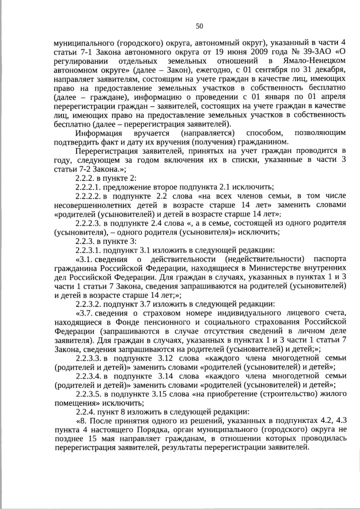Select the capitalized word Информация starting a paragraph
pos(99,133)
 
